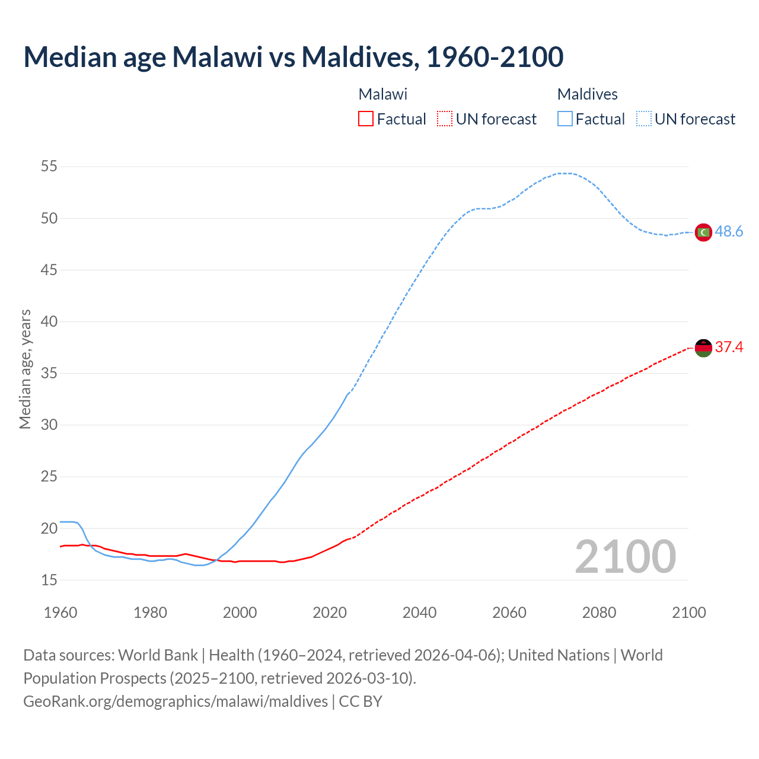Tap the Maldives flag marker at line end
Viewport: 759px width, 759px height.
point(703,232)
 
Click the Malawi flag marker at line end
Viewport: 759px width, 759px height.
point(703,348)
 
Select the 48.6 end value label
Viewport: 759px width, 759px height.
point(729,232)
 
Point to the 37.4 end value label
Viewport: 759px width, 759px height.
point(729,347)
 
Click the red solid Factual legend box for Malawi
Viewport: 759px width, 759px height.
point(366,119)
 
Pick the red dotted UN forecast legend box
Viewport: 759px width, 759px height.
point(445,119)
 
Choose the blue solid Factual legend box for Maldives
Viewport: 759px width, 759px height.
point(565,119)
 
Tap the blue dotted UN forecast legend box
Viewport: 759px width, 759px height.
point(643,119)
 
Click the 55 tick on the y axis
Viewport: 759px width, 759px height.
point(49,167)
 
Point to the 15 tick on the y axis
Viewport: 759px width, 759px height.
point(49,580)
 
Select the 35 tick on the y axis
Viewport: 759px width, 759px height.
point(49,374)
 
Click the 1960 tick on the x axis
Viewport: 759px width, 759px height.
point(60,613)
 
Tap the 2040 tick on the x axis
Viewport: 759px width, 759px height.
point(419,613)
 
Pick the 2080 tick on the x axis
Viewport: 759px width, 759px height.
point(599,613)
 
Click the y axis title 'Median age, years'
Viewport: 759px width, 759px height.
point(25,369)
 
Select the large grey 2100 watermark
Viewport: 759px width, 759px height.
point(625,557)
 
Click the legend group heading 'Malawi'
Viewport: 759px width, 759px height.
point(383,94)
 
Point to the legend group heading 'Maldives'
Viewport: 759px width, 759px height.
point(587,94)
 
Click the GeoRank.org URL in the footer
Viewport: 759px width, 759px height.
point(176,701)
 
